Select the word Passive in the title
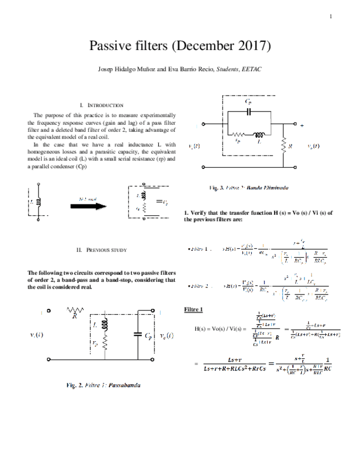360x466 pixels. click(110, 46)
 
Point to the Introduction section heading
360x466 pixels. click(102, 104)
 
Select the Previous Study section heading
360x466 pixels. click(102, 249)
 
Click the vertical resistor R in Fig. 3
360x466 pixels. click(284, 146)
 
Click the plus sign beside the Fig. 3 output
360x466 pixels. click(302, 125)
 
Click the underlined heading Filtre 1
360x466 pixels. click(193, 309)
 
